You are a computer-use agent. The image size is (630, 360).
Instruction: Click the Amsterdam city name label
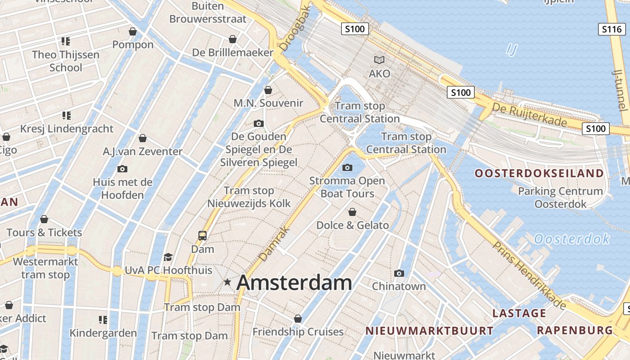pos(294,283)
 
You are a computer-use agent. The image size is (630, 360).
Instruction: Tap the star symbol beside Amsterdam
pos(228,282)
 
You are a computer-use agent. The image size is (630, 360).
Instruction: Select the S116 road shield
pos(612,30)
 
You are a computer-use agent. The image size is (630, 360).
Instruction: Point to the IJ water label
pos(511,49)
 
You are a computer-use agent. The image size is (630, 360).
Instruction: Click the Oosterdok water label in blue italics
pos(571,239)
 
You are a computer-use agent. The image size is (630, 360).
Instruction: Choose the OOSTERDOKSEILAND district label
pos(540,173)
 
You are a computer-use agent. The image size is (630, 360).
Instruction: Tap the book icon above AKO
pos(379,60)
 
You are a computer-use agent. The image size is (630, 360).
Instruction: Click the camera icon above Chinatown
pos(399,273)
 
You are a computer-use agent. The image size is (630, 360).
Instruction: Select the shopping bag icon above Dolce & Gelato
pos(352,211)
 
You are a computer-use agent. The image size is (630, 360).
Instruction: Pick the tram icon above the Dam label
pos(202,235)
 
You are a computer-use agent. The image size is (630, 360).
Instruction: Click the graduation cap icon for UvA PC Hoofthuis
pos(168,257)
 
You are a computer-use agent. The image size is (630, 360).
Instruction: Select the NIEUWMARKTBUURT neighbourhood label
pos(429,331)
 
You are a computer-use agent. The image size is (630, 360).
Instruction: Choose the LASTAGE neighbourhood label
pos(519,313)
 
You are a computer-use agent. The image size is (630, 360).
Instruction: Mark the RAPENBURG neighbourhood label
pos(575,330)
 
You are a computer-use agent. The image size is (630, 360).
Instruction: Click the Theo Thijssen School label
pos(66,61)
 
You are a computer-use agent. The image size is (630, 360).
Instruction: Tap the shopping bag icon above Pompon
pos(133,31)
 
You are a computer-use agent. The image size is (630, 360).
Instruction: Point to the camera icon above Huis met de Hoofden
pos(122,169)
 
